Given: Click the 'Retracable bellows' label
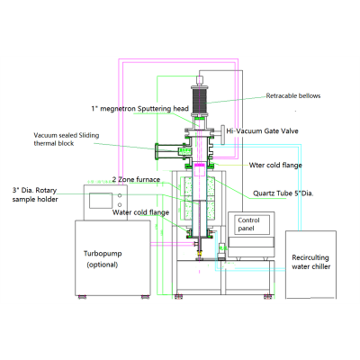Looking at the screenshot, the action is pyautogui.click(x=293, y=96).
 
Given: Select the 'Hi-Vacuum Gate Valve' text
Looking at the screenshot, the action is pyautogui.click(x=262, y=131).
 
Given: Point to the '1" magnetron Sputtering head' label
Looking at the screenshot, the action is pyautogui.click(x=140, y=109).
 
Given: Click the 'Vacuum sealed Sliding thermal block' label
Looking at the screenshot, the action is pyautogui.click(x=67, y=139).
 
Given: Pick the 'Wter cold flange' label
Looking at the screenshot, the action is pyautogui.click(x=275, y=166).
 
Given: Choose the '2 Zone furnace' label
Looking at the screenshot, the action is pyautogui.click(x=136, y=180).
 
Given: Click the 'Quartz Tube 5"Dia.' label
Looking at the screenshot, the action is pyautogui.click(x=283, y=193).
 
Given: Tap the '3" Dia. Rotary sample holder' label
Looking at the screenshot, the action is pyautogui.click(x=35, y=194).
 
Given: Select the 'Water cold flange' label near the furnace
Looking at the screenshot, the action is pyautogui.click(x=140, y=212).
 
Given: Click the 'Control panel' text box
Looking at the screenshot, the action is pyautogui.click(x=251, y=224).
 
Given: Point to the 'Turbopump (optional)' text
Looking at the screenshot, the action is pyautogui.click(x=103, y=259).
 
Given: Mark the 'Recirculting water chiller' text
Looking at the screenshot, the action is pyautogui.click(x=310, y=262).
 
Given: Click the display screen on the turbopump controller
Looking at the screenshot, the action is pyautogui.click(x=101, y=201).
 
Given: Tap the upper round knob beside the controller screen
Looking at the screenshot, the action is pyautogui.click(x=120, y=195).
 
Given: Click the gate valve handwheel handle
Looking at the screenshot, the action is pyautogui.click(x=223, y=134).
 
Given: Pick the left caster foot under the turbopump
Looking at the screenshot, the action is pyautogui.click(x=82, y=297).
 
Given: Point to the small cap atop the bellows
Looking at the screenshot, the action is pyautogui.click(x=200, y=80).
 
